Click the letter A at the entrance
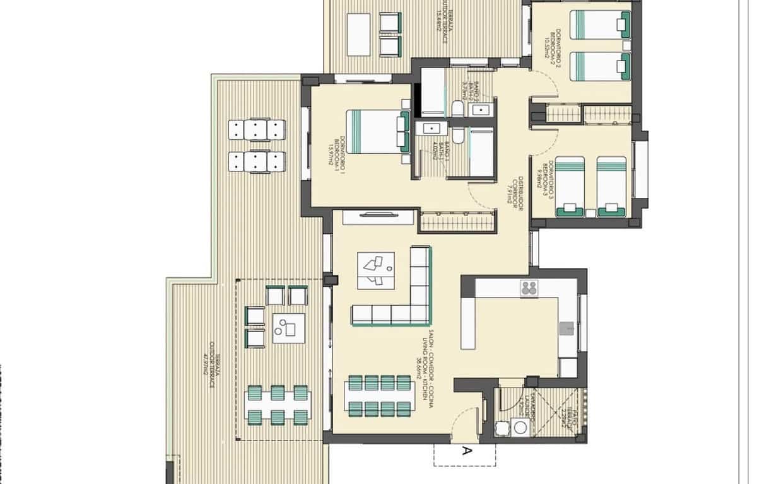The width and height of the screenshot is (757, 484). coord(467,451)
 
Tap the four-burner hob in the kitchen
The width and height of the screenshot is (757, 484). coord(528,289)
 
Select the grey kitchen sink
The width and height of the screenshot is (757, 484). coord(567,328)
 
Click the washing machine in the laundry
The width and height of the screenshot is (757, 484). coord(521,427)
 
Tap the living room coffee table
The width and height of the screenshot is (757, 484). coord(375,271)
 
